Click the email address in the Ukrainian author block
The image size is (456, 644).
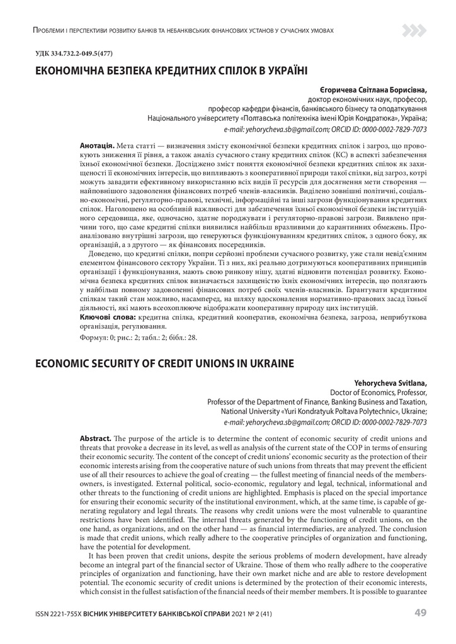pyautogui.click(x=276, y=128)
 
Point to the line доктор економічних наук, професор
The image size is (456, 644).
pyautogui.click(x=367, y=100)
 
